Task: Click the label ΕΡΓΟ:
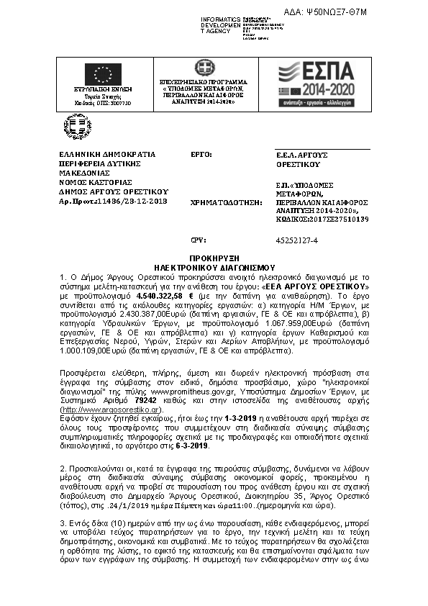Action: [x=201, y=155]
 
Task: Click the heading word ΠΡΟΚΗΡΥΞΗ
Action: [x=214, y=257]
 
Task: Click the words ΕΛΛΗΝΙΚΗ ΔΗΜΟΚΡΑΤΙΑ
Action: [x=107, y=155]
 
